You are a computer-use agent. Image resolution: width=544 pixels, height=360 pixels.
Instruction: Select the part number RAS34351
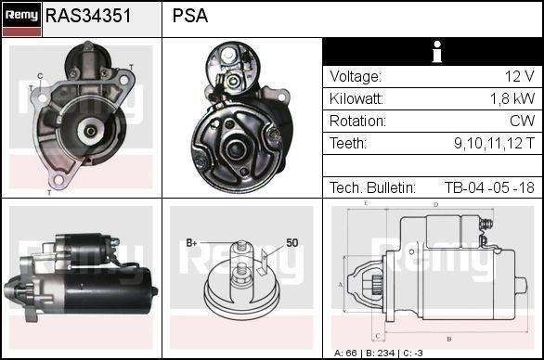88,16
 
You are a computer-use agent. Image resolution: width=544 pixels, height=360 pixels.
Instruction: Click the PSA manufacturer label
190,16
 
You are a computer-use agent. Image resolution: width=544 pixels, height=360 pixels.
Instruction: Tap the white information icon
434,52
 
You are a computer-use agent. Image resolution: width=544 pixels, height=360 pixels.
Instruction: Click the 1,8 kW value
512,98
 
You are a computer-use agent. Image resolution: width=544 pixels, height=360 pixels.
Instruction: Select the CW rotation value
522,121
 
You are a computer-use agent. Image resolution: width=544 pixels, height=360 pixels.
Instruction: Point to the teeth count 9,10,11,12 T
494,143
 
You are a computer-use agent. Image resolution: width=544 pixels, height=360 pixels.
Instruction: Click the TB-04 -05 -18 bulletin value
488,187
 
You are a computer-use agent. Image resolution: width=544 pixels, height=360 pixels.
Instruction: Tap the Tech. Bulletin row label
372,187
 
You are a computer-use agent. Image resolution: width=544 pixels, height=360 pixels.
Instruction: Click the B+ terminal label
192,243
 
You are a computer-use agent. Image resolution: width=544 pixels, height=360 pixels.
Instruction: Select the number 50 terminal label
291,242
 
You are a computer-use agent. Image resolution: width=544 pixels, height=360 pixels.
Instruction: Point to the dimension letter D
435,204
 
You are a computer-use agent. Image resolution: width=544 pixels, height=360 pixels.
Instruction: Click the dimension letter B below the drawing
448,339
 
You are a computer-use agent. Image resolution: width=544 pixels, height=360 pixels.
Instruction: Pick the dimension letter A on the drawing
342,284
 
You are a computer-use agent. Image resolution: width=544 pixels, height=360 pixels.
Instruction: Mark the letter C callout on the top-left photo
40,75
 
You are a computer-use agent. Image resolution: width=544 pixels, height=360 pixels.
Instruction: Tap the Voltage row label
355,76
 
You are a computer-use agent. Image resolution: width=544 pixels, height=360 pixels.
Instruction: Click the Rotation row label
357,121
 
